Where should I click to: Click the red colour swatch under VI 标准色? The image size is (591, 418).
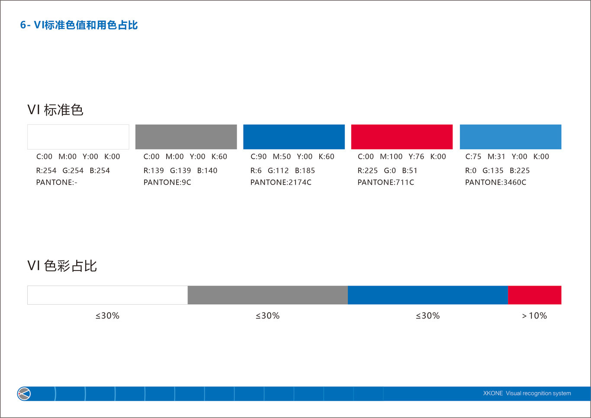click(x=401, y=137)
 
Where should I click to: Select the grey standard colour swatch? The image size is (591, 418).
click(x=186, y=137)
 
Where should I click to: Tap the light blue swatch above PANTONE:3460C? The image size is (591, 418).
click(x=510, y=137)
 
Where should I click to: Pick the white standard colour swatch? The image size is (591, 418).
click(x=78, y=137)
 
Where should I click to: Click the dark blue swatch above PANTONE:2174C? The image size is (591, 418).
click(x=294, y=137)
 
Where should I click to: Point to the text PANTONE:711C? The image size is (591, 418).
click(x=385, y=183)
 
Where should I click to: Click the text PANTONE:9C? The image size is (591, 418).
click(x=167, y=183)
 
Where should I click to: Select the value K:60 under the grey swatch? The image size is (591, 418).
click(x=219, y=157)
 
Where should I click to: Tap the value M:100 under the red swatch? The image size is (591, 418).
click(x=391, y=157)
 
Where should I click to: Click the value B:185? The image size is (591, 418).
click(x=305, y=170)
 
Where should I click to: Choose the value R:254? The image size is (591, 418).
click(x=46, y=170)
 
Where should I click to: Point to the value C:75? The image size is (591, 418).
click(x=473, y=157)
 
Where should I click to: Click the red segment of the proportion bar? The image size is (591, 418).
click(x=534, y=295)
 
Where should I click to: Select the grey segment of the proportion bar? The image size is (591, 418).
click(x=267, y=295)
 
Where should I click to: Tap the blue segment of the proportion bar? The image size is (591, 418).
click(x=427, y=295)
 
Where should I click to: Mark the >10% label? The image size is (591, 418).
click(x=534, y=316)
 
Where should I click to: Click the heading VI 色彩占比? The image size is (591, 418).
click(x=62, y=266)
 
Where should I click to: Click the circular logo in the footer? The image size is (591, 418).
click(x=24, y=394)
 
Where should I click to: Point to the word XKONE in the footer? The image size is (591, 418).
click(x=493, y=393)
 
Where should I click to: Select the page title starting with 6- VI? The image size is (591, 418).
click(x=79, y=25)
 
